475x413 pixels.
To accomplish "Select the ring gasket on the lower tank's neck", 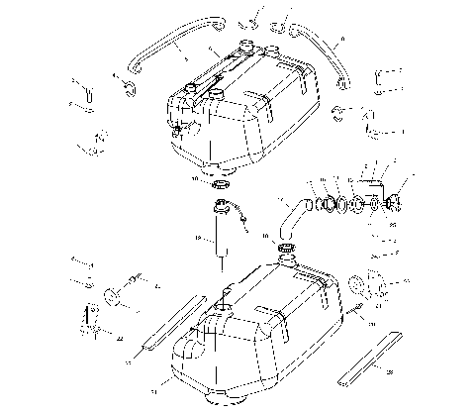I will pyautogui.click(x=289, y=249).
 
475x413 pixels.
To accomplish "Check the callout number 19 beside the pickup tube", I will pyautogui.click(x=198, y=239).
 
